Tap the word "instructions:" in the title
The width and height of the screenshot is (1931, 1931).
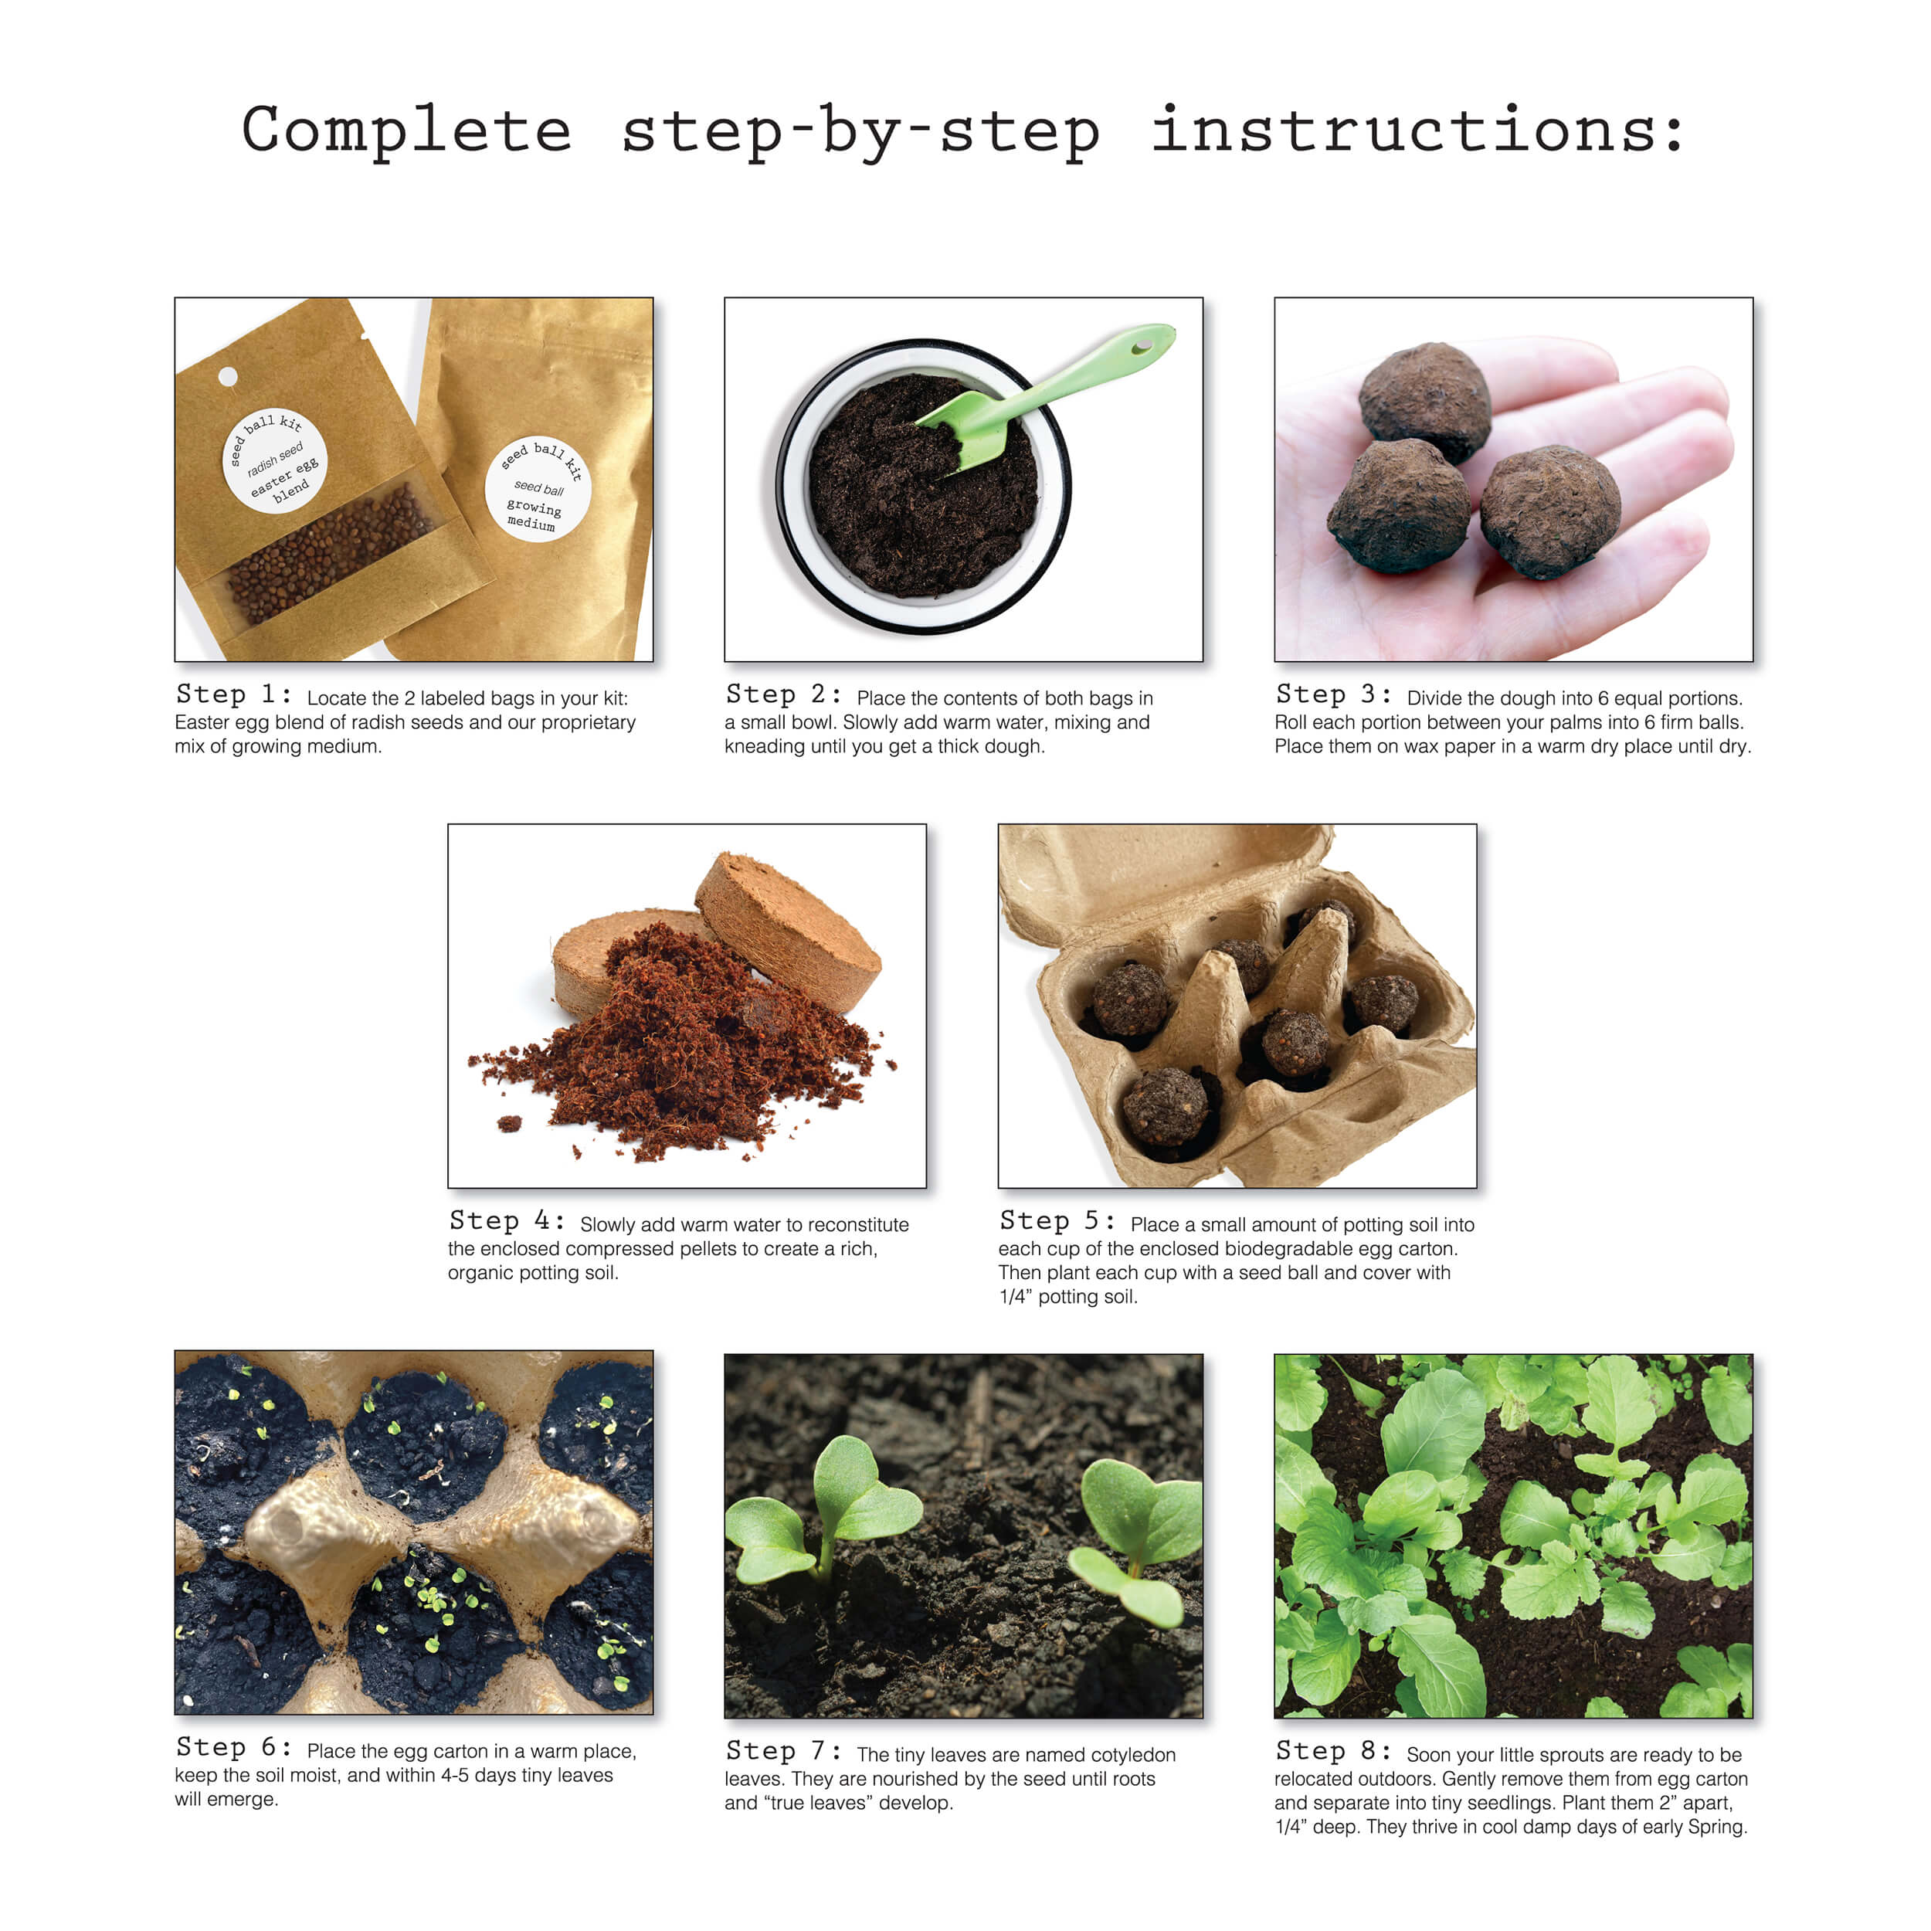click(1417, 131)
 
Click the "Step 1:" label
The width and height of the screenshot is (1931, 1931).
click(234, 694)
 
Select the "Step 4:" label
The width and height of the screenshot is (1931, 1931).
click(507, 1221)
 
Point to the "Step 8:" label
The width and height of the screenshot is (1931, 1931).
click(1333, 1751)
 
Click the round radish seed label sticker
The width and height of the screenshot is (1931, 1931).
click(274, 460)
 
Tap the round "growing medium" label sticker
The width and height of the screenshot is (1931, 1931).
click(538, 489)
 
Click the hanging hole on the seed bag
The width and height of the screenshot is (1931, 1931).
click(228, 376)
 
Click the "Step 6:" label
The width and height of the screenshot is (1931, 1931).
click(234, 1747)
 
